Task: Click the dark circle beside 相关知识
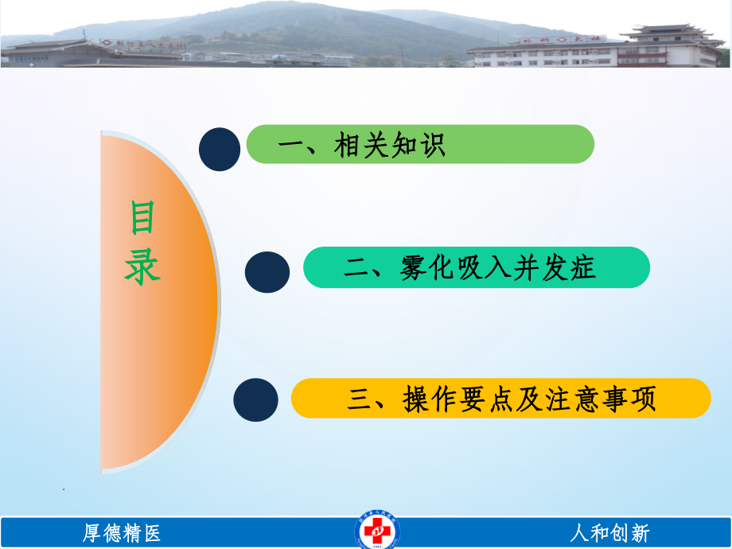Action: [219, 150]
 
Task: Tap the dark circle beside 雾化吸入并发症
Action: [267, 272]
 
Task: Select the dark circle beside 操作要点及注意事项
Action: [256, 399]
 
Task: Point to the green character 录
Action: [142, 268]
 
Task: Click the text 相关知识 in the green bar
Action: [390, 145]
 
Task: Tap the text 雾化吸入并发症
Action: [498, 268]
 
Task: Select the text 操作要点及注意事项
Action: [529, 399]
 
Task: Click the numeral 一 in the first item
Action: [291, 146]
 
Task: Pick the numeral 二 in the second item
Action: [357, 268]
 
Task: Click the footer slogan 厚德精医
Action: [122, 532]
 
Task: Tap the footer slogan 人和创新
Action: [609, 532]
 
